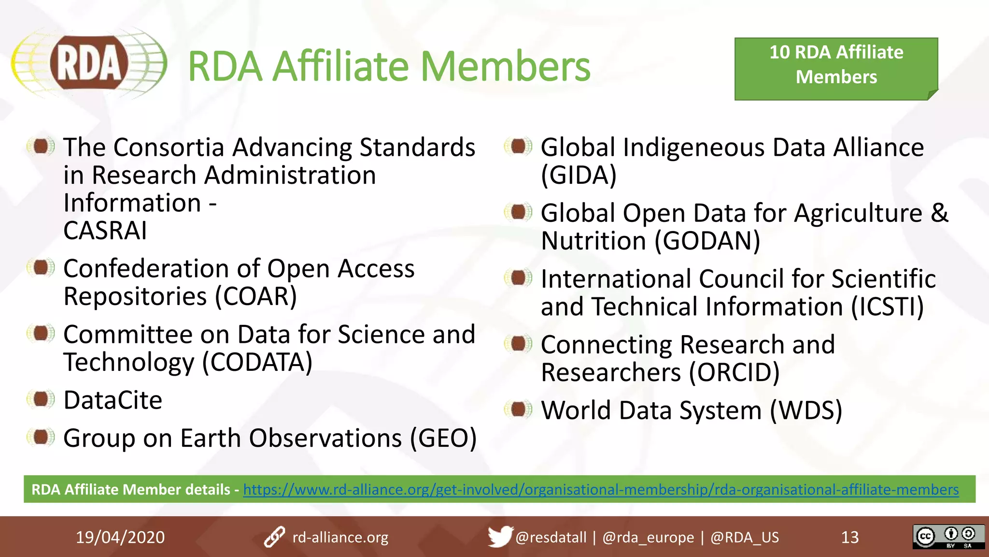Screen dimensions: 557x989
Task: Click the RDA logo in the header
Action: click(89, 63)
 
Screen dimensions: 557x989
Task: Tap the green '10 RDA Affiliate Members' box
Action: click(836, 69)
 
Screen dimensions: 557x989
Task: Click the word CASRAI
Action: click(105, 230)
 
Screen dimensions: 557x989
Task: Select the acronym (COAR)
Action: click(256, 296)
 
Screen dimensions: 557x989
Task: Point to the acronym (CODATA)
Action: click(257, 362)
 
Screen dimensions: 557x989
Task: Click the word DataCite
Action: click(113, 400)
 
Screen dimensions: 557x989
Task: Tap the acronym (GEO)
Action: click(443, 438)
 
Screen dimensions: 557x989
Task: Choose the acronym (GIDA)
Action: click(579, 175)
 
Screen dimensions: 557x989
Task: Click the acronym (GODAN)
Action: click(707, 241)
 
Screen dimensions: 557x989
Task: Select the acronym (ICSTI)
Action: click(887, 307)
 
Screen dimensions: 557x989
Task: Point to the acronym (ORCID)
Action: click(734, 372)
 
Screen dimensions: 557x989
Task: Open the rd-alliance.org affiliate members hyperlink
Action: click(601, 489)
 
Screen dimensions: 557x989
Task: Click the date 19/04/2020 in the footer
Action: click(120, 537)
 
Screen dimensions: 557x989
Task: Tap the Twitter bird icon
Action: click(499, 536)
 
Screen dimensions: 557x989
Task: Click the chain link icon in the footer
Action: click(274, 537)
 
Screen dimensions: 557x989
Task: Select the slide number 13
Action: click(850, 537)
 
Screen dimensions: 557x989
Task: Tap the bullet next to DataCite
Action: click(41, 399)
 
